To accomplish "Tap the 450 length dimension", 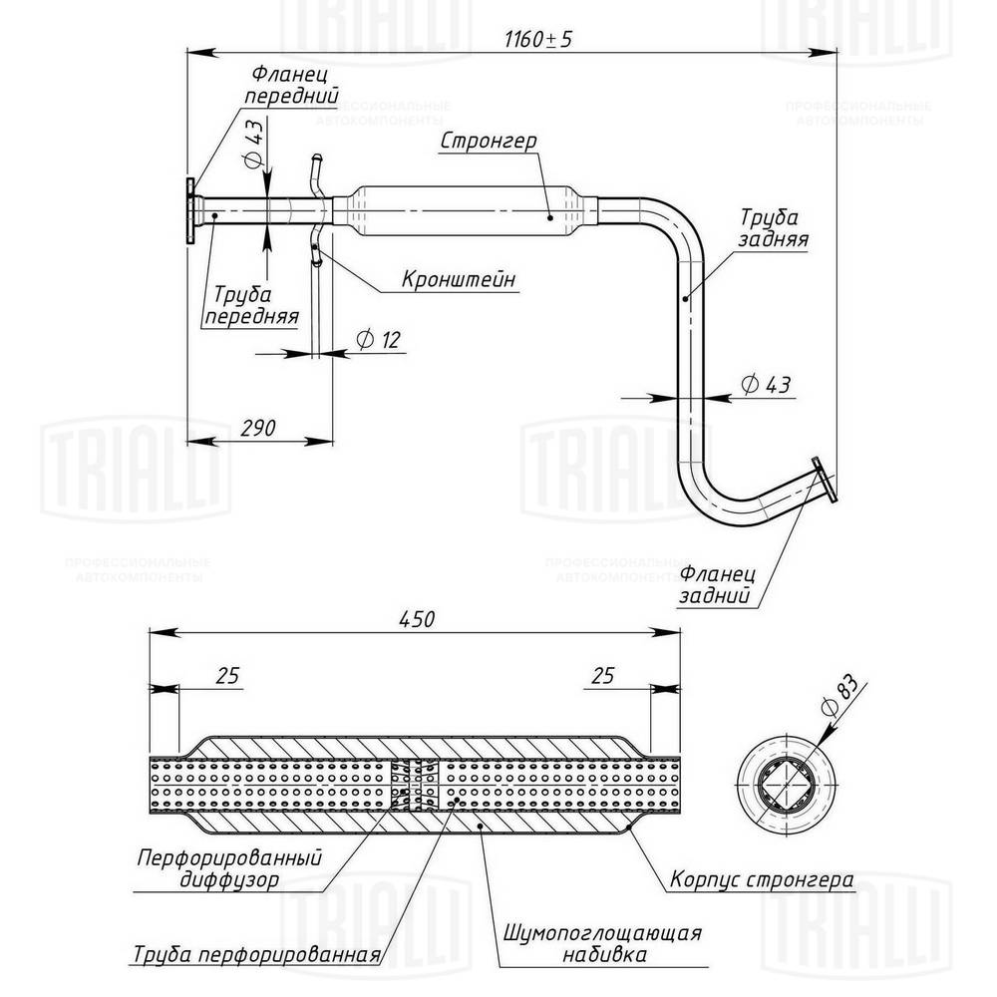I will pos(416,619).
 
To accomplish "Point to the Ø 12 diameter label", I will pos(377,340).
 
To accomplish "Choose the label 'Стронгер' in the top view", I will pos(489,142).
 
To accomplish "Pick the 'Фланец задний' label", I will pos(719,586).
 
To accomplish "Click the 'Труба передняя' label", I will pos(253,305).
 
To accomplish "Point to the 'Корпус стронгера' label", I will pos(762,881).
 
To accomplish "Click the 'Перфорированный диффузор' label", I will pos(229,868).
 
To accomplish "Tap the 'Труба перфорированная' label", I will pos(256,954).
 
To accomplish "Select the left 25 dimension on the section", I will pos(227,676).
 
